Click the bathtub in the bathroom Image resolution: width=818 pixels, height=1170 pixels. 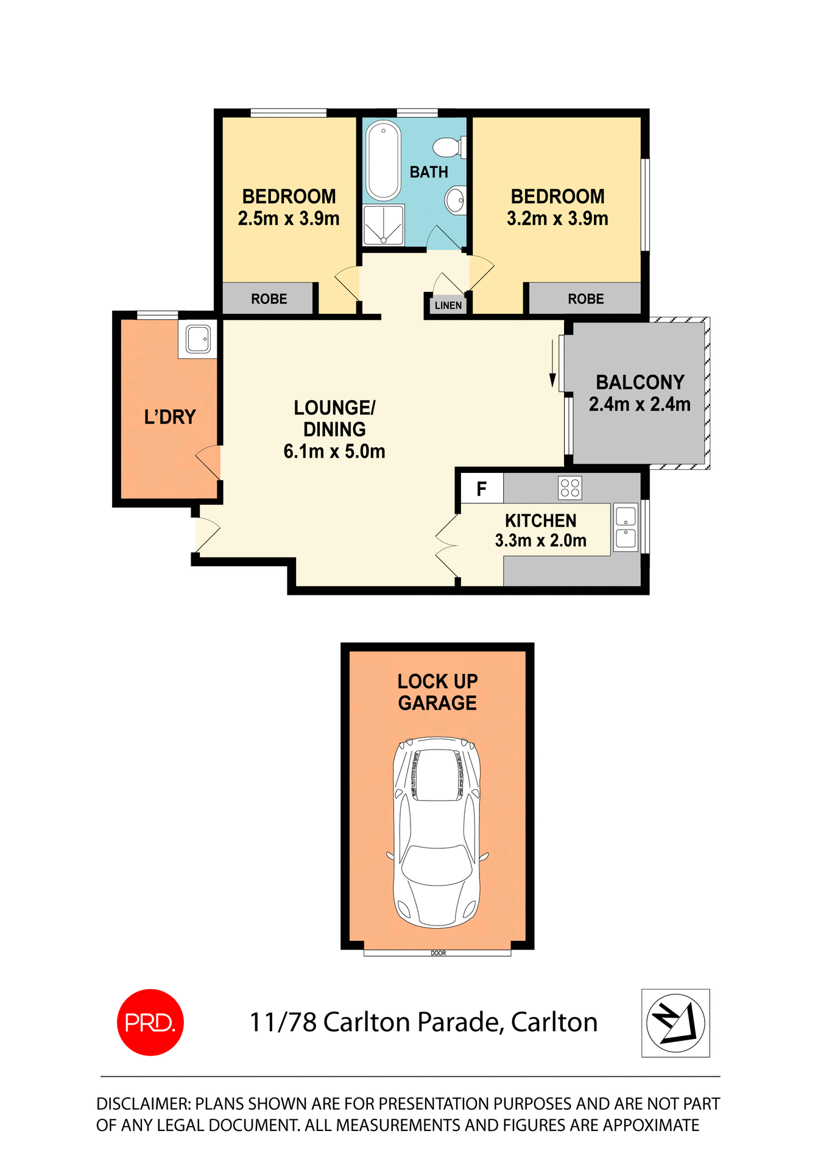[383, 160]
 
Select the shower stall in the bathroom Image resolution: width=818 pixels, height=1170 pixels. [383, 225]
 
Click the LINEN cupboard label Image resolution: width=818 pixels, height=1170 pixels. [448, 305]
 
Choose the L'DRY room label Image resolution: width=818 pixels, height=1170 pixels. [170, 417]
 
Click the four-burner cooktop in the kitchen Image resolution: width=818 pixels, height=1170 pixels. [570, 487]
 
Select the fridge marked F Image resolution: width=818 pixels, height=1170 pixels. [481, 489]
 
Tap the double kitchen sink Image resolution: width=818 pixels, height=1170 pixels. [626, 528]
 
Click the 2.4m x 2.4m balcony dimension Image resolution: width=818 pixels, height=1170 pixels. [640, 404]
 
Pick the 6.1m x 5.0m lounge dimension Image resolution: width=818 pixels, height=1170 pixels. [334, 452]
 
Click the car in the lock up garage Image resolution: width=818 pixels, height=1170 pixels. [437, 832]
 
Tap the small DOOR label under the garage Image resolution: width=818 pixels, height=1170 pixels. [438, 953]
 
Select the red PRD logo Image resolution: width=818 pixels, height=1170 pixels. [150, 1022]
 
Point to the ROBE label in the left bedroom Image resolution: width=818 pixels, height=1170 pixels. [269, 299]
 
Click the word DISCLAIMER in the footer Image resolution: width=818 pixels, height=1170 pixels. [143, 1104]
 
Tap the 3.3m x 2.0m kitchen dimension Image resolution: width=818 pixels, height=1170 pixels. [540, 541]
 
